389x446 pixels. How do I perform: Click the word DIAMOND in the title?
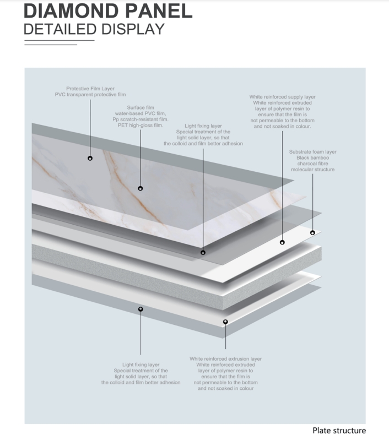coord(71,11)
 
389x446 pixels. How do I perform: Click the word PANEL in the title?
coord(159,11)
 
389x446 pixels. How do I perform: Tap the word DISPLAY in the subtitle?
coord(133,29)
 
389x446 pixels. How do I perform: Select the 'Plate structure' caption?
coord(339,431)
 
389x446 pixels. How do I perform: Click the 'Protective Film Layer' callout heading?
coord(90,89)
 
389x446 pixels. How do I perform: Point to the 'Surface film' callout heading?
coord(141,107)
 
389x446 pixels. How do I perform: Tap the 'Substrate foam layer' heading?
coord(313,152)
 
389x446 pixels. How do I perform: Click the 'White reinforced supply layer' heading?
coord(282,97)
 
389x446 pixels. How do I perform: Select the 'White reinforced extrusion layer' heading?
coord(225,359)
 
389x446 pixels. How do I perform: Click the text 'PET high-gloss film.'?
coord(141,125)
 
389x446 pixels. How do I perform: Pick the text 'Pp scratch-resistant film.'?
coord(141,119)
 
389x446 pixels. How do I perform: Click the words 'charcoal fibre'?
coord(313,164)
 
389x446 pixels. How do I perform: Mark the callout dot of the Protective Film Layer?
coord(90,158)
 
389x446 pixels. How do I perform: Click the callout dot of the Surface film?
coord(141,188)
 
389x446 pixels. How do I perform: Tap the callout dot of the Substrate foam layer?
coord(312,233)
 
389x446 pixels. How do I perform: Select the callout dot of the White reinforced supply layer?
coord(282,242)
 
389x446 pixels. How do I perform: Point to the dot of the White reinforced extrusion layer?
coord(225,322)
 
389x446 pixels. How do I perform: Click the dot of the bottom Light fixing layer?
coord(141,309)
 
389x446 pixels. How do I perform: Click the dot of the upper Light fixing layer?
coord(203,253)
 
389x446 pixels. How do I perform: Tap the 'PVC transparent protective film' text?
coord(90,95)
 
